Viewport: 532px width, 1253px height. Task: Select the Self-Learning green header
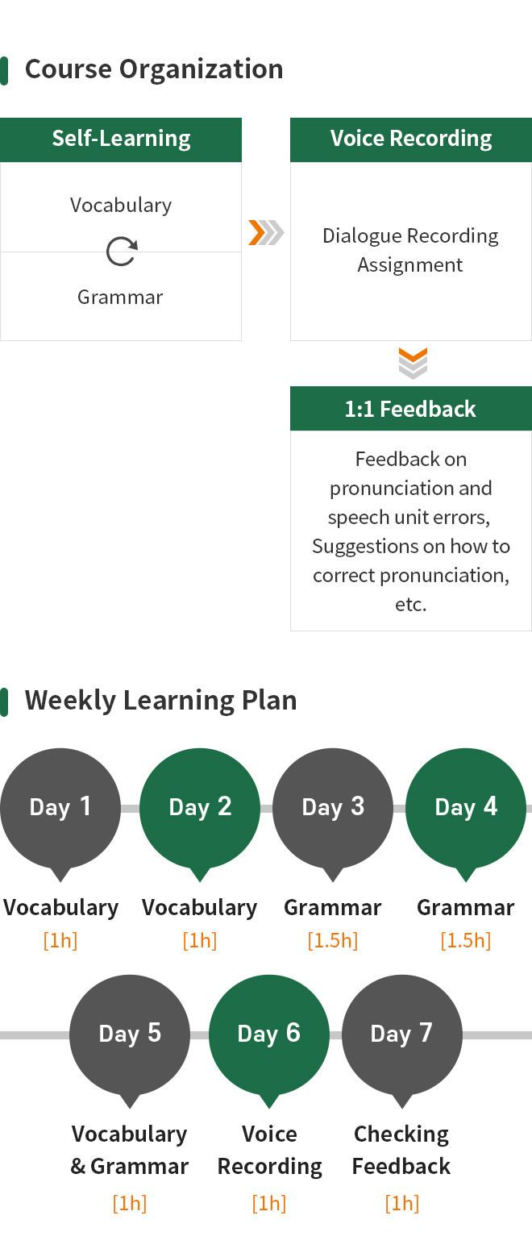click(121, 139)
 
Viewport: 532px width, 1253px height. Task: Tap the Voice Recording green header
click(410, 139)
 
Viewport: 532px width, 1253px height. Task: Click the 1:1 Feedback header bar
click(410, 408)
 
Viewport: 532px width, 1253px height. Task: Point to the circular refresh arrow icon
click(122, 251)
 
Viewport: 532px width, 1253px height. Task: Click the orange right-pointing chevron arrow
click(257, 232)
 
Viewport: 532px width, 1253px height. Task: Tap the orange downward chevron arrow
click(413, 354)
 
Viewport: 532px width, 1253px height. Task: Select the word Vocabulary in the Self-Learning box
click(121, 206)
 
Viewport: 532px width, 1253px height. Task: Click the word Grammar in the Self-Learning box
click(120, 297)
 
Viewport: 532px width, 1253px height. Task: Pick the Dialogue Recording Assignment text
click(410, 250)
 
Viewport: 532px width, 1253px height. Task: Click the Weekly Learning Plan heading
click(160, 701)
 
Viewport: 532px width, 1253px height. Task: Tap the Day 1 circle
click(60, 808)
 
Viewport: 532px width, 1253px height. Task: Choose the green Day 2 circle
click(200, 808)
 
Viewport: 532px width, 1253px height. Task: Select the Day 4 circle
click(465, 808)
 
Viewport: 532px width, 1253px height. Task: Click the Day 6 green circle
click(269, 1034)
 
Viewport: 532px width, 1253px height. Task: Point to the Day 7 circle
click(401, 1034)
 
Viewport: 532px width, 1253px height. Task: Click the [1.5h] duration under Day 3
click(333, 940)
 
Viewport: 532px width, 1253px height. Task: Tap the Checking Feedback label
click(401, 1150)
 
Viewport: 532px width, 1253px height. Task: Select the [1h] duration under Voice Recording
click(269, 1203)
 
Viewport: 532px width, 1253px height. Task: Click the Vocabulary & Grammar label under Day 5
click(129, 1150)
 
